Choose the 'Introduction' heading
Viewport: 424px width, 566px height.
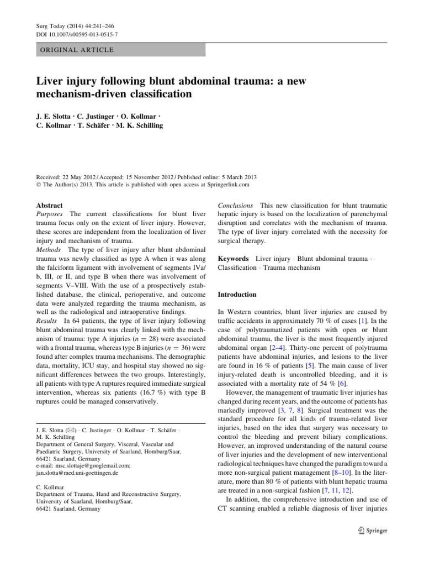(x=237, y=295)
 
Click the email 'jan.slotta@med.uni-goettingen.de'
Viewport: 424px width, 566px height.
(x=77, y=474)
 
